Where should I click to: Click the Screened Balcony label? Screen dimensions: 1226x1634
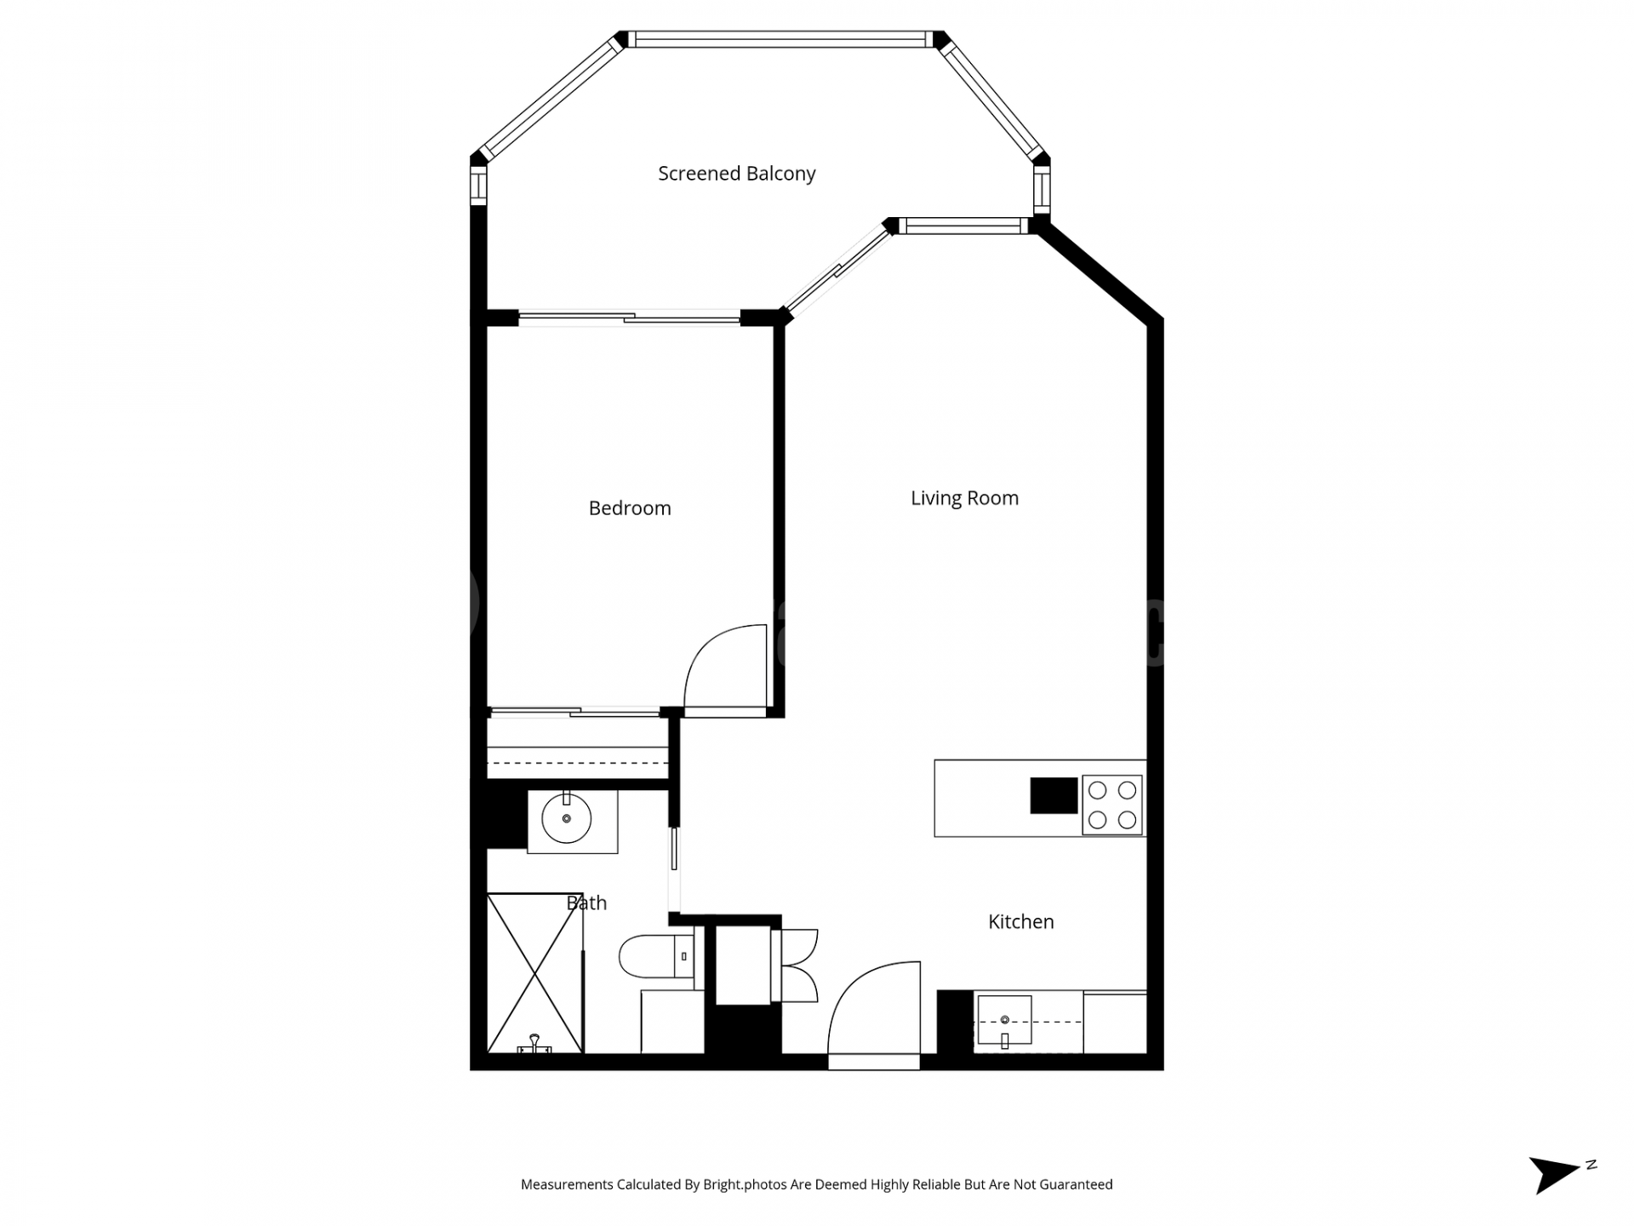[736, 174]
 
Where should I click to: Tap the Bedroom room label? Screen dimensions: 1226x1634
[630, 508]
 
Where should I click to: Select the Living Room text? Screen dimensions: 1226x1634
[964, 498]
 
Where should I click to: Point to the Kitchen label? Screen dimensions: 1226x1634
[1020, 921]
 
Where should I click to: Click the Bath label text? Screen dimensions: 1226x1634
[587, 902]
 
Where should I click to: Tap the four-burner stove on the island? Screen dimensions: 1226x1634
[1112, 805]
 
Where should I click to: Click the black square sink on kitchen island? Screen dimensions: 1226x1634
[1054, 795]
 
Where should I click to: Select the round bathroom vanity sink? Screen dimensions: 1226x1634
[567, 818]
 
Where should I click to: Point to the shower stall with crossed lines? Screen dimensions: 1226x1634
[534, 972]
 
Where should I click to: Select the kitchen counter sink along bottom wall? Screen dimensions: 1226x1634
[1004, 1020]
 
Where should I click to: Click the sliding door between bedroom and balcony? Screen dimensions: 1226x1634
[630, 318]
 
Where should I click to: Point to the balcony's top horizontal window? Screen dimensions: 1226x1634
[780, 39]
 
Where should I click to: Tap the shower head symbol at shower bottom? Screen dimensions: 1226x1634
[534, 1044]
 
